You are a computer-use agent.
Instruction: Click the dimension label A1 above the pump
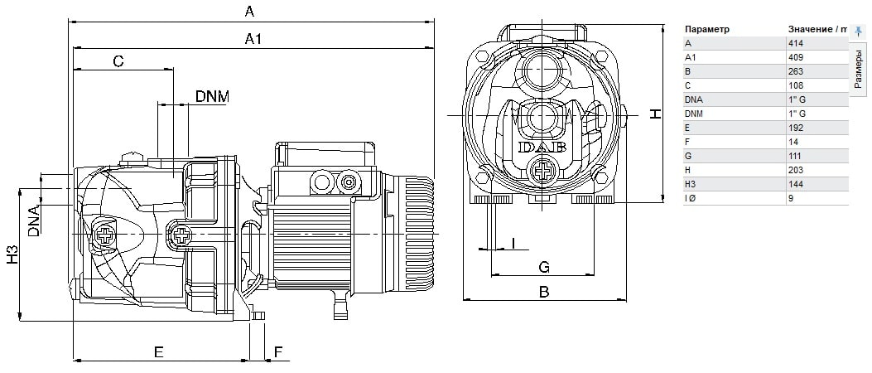(253, 39)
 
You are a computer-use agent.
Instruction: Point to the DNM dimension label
(211, 96)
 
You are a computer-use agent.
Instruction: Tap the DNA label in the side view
(34, 220)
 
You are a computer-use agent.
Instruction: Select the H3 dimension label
(12, 255)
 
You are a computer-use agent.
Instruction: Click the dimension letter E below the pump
(158, 351)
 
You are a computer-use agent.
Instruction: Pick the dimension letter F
(278, 352)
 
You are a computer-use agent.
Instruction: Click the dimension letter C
(118, 61)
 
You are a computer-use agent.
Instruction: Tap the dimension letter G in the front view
(544, 267)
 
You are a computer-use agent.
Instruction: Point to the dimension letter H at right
(655, 113)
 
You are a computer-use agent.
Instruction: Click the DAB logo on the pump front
(542, 147)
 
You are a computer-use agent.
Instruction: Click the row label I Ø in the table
(691, 198)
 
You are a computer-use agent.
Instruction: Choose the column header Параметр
(707, 29)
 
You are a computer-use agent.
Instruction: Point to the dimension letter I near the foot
(514, 243)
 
